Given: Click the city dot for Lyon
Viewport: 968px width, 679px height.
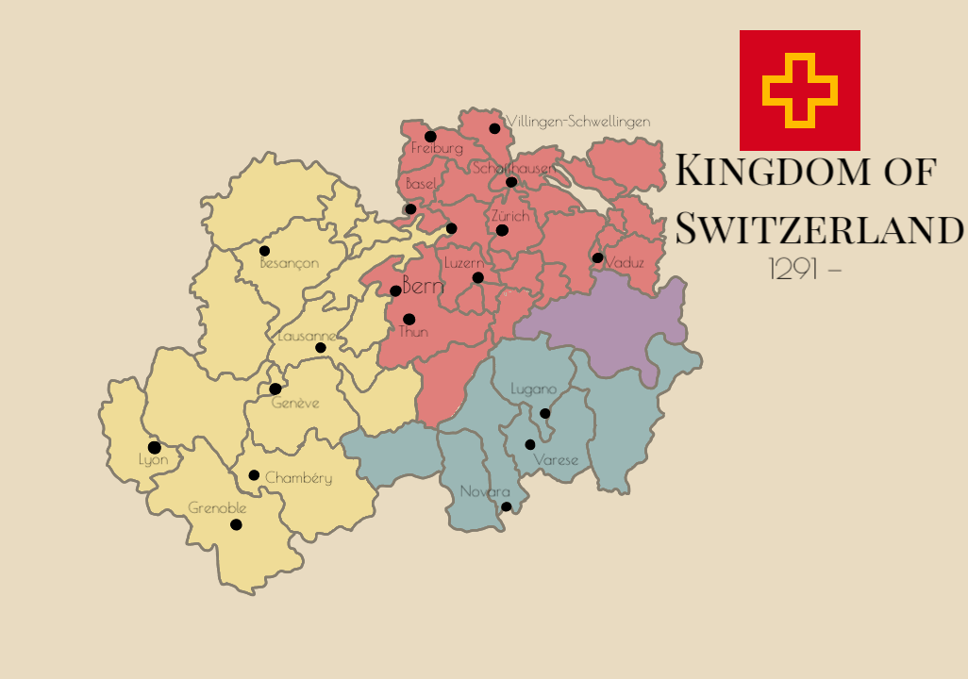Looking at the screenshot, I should (155, 447).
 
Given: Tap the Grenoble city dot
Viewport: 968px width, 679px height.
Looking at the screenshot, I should (236, 524).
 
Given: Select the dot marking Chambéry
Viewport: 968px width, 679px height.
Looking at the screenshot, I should (254, 475).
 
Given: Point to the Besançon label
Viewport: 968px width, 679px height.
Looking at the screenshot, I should (289, 263).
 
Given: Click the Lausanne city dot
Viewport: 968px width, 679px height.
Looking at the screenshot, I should (321, 348).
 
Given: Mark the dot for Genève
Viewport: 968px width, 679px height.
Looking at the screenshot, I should (275, 389).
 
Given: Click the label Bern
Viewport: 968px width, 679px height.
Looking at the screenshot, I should (423, 285).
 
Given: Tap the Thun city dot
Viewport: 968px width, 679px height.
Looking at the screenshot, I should (409, 320).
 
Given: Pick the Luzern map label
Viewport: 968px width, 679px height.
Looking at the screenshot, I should (463, 263).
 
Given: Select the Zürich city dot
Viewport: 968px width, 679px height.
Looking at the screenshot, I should (502, 230).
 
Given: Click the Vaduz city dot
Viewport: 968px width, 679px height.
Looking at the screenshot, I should (597, 257).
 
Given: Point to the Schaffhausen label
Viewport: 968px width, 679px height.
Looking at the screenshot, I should (513, 168).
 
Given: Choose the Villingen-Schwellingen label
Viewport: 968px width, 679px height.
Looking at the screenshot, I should (578, 122).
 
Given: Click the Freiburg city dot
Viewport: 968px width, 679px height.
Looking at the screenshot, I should (430, 136).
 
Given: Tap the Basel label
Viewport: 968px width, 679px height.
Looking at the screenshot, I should (420, 184).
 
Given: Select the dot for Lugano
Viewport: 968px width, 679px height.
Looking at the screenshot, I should (544, 413).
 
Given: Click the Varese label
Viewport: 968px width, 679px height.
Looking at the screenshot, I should (556, 460).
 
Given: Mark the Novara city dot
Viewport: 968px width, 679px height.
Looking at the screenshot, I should (506, 506).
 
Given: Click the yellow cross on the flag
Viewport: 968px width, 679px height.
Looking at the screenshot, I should (800, 91).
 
